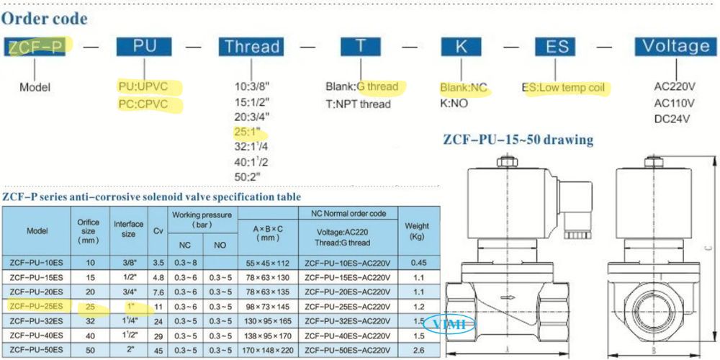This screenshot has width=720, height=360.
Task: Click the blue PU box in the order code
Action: [x=144, y=46]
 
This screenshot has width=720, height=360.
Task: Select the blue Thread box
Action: [x=251, y=47]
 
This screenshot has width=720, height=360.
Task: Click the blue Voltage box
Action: [x=675, y=46]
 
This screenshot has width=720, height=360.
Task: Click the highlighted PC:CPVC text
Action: [x=150, y=104]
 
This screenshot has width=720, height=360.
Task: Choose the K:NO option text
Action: [x=455, y=103]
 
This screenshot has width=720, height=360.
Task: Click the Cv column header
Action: [x=158, y=231]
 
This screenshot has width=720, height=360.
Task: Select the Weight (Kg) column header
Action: [x=417, y=231]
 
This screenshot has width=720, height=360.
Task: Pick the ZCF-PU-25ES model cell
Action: [x=37, y=306]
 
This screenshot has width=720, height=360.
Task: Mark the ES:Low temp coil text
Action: [x=566, y=89]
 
